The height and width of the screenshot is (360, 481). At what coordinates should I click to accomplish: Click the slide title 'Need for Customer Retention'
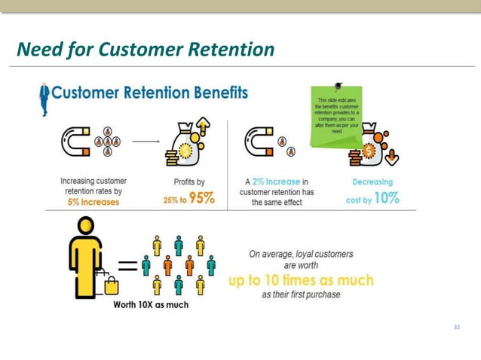[146, 50]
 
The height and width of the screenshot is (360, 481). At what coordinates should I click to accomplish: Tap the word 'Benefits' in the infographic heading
[210, 93]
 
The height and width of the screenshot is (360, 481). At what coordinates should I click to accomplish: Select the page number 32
[456, 328]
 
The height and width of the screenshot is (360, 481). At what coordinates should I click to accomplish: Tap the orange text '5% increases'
[94, 202]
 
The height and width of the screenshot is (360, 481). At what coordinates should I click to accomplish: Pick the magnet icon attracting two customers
[258, 142]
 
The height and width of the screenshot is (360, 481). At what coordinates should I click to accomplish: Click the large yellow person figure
[86, 255]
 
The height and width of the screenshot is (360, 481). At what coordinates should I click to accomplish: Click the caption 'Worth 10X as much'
[151, 305]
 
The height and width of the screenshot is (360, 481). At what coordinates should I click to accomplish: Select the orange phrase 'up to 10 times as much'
[301, 280]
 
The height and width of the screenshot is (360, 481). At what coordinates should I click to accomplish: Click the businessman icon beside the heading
[44, 99]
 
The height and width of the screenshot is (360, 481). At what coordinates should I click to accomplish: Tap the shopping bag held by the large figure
[110, 283]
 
